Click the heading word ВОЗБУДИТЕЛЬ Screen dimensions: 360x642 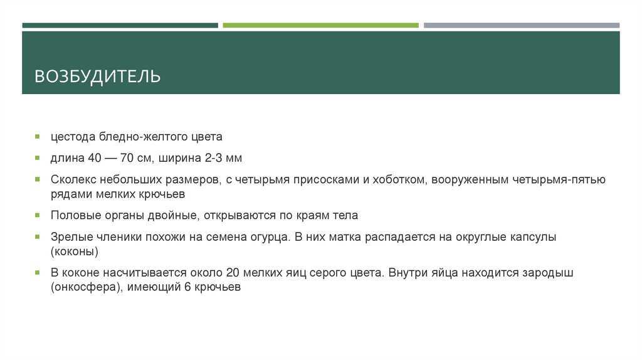(97, 77)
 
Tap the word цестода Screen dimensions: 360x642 (73, 136)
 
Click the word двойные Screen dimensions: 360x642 (173, 215)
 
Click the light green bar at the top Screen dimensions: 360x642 (320, 26)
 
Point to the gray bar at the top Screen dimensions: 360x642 (521, 26)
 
